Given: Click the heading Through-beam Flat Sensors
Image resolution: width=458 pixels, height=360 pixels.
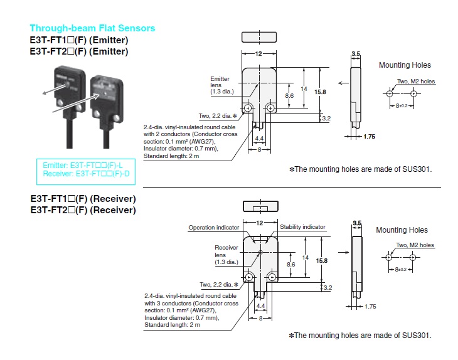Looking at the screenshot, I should pyautogui.click(x=92, y=28).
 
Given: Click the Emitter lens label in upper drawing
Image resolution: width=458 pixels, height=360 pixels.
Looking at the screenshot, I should pyautogui.click(x=221, y=85).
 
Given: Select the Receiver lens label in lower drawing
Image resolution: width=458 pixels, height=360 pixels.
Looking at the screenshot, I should pyautogui.click(x=226, y=253).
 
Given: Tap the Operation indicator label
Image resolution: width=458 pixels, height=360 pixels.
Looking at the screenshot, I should pyautogui.click(x=214, y=227).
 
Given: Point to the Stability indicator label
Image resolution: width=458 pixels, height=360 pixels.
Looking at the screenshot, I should pyautogui.click(x=302, y=227).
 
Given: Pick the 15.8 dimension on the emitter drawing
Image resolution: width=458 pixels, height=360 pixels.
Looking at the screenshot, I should pyautogui.click(x=320, y=92).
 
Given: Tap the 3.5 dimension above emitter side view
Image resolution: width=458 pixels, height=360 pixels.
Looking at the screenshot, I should pyautogui.click(x=356, y=55).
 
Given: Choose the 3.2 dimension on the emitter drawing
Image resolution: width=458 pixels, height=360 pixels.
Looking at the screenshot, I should pyautogui.click(x=326, y=118).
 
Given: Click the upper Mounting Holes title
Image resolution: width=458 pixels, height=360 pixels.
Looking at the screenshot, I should pyautogui.click(x=405, y=65).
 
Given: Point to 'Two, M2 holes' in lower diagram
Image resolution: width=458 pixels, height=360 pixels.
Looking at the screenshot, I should pyautogui.click(x=415, y=245).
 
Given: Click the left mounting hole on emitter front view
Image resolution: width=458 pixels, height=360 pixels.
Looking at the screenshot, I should pyautogui.click(x=249, y=109).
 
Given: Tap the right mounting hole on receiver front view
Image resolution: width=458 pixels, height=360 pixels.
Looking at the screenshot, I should pyautogui.click(x=272, y=277).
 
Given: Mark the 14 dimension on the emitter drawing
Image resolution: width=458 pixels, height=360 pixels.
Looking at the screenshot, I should pyautogui.click(x=304, y=88).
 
